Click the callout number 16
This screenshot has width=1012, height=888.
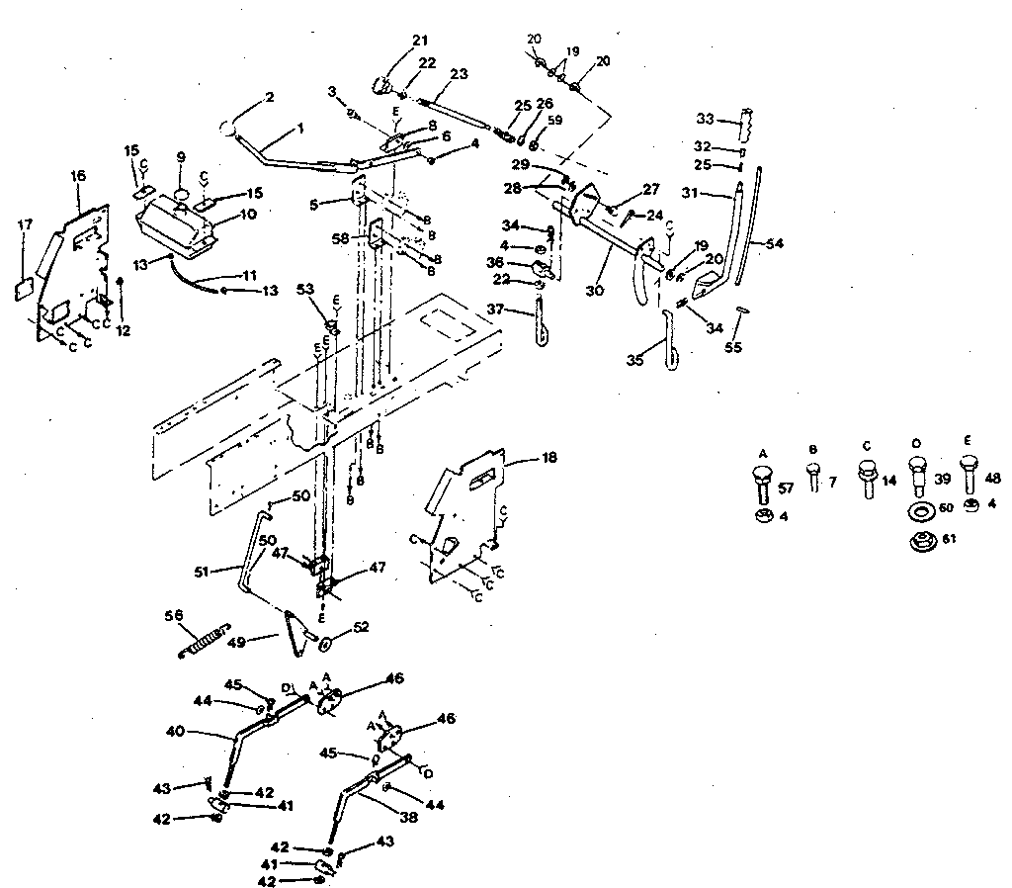(x=79, y=175)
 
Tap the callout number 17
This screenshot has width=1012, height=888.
(x=25, y=225)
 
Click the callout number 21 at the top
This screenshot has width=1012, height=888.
(x=419, y=41)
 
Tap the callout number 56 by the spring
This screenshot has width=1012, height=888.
(x=174, y=615)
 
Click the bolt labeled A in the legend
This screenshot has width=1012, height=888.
(x=763, y=484)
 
